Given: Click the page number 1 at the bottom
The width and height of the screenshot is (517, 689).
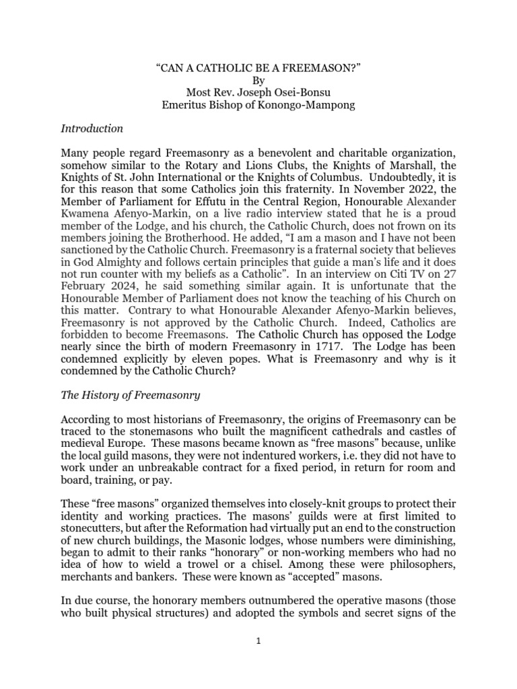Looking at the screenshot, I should (258, 641).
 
